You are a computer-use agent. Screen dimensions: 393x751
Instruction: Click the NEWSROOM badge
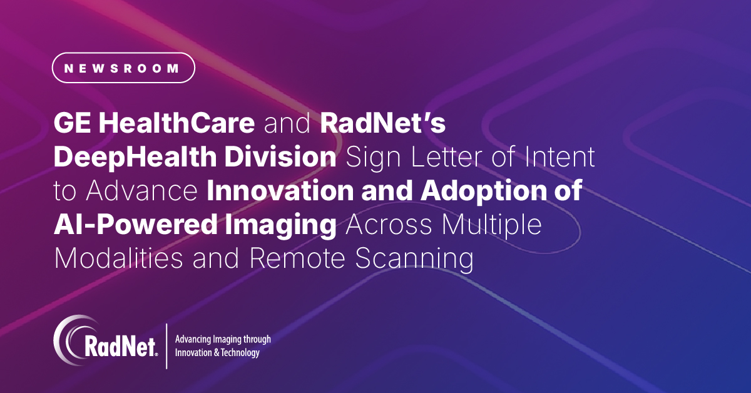tap(123, 68)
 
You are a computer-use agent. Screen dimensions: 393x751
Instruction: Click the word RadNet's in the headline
tap(382, 124)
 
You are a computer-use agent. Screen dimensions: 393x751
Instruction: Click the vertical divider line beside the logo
tap(166, 345)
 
